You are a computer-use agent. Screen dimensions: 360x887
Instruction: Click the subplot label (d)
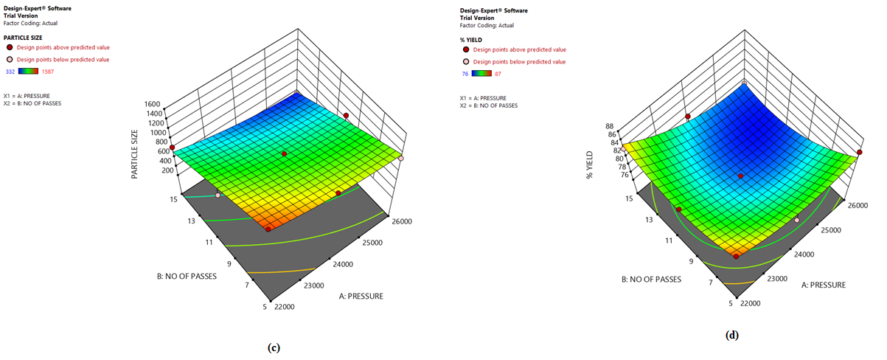point(732,336)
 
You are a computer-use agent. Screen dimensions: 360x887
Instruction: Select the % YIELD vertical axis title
point(591,167)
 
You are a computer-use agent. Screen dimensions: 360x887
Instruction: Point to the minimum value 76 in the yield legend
point(464,74)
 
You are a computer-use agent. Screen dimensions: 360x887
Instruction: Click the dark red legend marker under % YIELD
point(464,49)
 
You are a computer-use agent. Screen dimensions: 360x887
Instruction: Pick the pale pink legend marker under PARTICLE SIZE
point(9,59)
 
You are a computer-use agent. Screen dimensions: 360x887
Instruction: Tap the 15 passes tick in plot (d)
point(628,198)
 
